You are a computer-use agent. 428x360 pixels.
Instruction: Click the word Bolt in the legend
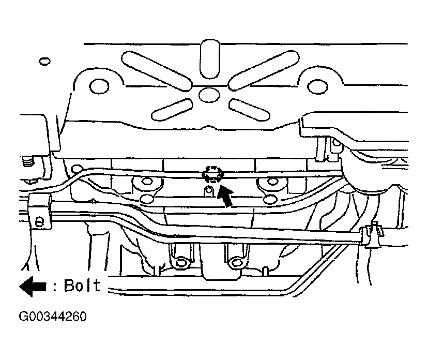(82, 286)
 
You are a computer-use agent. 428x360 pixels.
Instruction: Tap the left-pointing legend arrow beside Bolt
(33, 286)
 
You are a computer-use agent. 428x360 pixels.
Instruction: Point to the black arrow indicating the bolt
(225, 195)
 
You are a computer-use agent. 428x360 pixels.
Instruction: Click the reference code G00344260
(53, 317)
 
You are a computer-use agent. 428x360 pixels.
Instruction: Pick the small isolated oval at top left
(44, 61)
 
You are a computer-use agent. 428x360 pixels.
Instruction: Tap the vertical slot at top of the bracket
(210, 59)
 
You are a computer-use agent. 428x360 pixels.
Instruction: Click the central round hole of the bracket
(209, 95)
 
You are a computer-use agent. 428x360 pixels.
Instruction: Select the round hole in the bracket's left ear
(99, 86)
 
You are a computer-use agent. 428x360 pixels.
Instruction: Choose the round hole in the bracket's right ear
(317, 86)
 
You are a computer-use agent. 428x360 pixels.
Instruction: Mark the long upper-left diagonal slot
(157, 70)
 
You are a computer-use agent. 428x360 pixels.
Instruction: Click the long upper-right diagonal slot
(264, 70)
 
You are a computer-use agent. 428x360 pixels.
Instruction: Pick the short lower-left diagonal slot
(172, 110)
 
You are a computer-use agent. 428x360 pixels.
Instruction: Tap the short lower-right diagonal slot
(249, 110)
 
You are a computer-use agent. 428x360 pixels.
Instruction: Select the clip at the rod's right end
(372, 234)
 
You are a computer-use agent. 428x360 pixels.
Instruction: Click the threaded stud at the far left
(28, 162)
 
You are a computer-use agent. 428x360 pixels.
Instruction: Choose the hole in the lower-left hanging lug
(180, 263)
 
